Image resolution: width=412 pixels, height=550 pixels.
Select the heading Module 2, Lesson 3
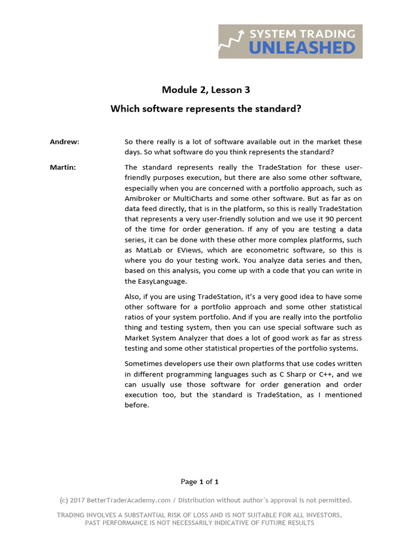pyautogui.click(x=206, y=90)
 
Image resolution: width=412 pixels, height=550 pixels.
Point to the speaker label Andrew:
pyautogui.click(x=64, y=142)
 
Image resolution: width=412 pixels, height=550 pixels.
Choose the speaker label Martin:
pyautogui.click(x=63, y=167)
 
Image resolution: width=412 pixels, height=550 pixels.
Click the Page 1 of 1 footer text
pyautogui.click(x=200, y=481)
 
